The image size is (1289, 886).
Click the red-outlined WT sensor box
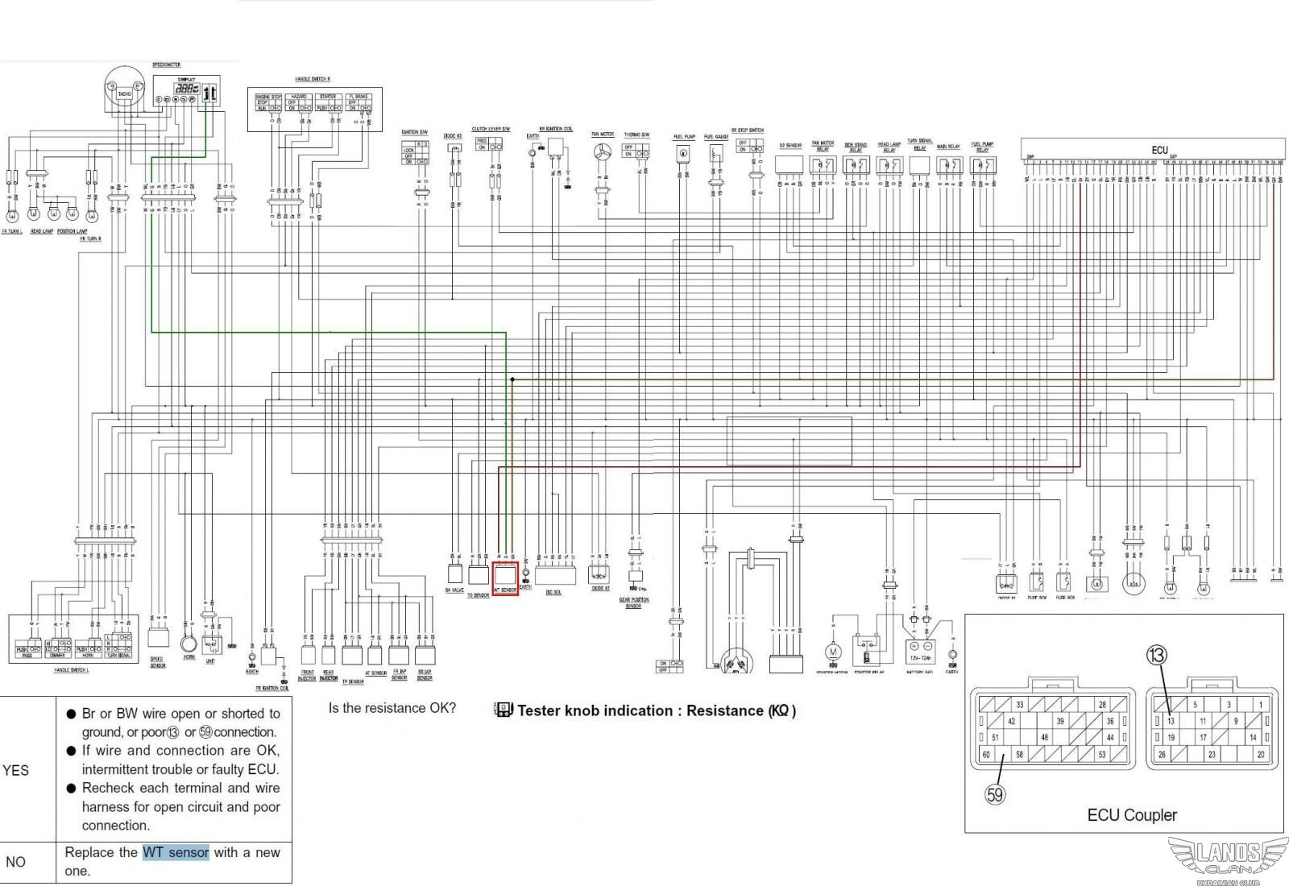point(505,578)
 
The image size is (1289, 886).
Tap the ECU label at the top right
point(1159,151)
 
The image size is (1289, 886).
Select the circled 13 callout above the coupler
point(1156,655)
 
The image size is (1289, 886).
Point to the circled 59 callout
point(995,795)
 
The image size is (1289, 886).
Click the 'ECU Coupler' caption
point(1131,815)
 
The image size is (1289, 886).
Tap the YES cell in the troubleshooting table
point(16,770)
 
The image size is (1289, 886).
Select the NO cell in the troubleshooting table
point(16,862)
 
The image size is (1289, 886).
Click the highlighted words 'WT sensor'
point(176,852)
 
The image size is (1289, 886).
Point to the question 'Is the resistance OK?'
point(392,708)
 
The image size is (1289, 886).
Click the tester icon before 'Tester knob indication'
point(504,710)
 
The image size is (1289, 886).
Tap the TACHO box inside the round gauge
point(124,94)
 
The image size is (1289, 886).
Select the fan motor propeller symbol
point(602,153)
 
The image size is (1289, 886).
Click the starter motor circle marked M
point(833,651)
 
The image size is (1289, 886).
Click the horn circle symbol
point(189,644)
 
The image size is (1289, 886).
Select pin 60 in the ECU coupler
point(985,755)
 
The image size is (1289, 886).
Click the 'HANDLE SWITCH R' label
point(312,79)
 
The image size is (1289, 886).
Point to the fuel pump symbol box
point(683,153)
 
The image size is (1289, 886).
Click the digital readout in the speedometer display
point(186,89)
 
